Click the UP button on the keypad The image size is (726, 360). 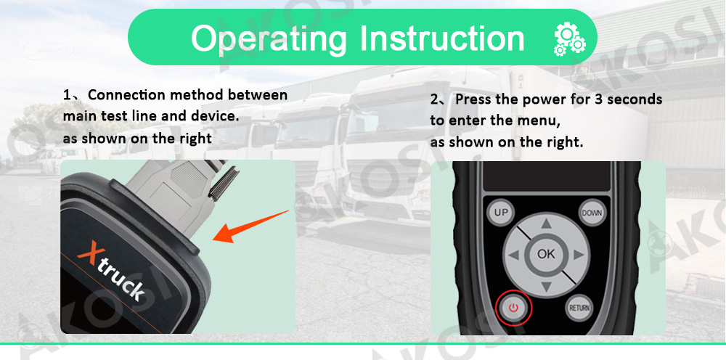point(499,213)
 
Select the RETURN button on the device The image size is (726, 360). point(579,307)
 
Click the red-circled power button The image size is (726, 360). point(514,308)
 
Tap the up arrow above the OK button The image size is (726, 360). point(546,224)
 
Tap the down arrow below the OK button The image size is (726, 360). point(546,285)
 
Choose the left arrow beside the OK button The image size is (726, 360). point(514,255)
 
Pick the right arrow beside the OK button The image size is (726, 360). point(578,255)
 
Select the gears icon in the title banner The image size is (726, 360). point(568,39)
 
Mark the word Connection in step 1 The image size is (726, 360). point(130,95)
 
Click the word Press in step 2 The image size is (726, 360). point(474,99)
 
